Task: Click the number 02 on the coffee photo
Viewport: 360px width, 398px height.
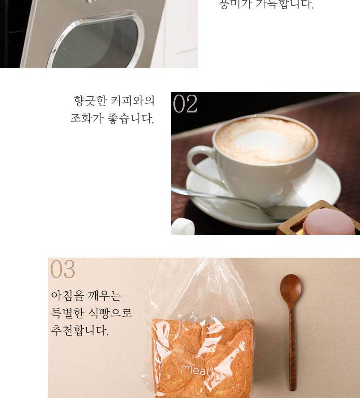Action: pos(185,104)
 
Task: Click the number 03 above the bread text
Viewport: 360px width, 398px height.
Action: pos(62,269)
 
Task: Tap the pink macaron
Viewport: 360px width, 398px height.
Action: pos(328,222)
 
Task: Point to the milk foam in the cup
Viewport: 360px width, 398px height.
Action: pos(265,140)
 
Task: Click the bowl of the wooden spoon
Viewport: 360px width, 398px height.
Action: pos(291,288)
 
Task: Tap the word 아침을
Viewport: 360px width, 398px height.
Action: pos(67,296)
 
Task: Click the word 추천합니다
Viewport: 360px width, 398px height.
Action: pos(80,330)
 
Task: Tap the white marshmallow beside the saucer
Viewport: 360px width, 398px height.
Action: pos(183,227)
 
